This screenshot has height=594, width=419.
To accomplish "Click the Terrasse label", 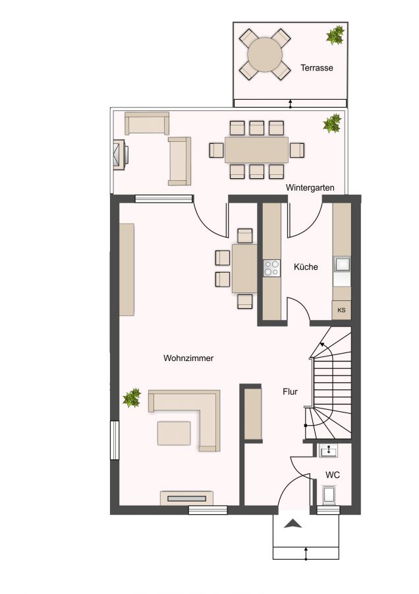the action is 316,68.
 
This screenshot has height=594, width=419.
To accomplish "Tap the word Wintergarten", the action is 310,187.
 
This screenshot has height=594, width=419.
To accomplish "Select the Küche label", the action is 306,267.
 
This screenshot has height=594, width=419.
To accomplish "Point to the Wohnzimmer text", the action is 188,358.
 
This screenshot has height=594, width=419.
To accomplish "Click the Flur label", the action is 290,391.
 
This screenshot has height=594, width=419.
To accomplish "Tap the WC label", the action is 333,475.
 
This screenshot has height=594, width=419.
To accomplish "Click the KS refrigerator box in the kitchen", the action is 341,310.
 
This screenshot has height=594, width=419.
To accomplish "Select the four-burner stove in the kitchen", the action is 272,268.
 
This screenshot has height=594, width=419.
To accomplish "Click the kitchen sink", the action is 342,263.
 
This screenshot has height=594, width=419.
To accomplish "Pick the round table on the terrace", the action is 265,54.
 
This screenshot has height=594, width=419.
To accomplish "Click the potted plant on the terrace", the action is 335,35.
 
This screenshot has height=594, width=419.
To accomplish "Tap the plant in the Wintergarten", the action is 332,123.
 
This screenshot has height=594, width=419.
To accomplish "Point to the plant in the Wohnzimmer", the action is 132,398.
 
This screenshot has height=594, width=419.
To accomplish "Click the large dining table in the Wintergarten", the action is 256,150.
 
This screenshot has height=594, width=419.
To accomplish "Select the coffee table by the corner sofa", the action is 174,433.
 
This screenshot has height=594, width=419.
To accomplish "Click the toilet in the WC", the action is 327,496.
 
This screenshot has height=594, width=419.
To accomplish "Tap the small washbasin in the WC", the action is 328,451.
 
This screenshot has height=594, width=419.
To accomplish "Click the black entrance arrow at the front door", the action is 293,524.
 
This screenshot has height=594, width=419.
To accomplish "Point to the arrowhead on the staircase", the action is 322,345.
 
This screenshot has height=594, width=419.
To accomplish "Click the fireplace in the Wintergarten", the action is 121,155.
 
